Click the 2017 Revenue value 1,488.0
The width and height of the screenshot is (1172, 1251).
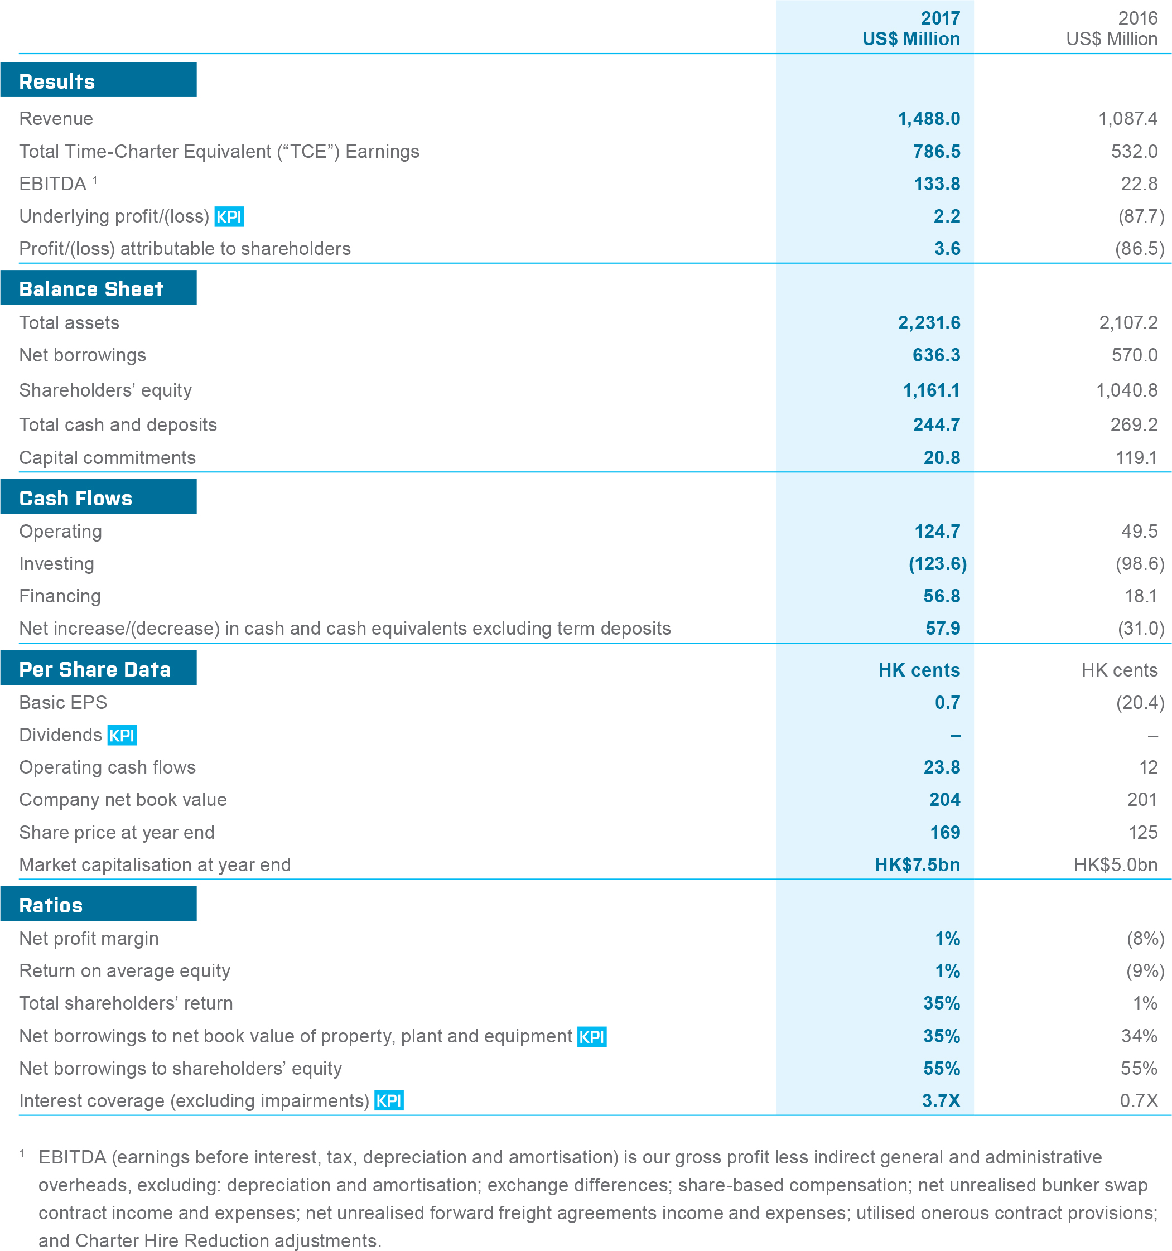point(928,118)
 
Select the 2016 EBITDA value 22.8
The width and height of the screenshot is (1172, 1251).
point(1139,183)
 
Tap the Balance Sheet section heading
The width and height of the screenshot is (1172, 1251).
point(91,289)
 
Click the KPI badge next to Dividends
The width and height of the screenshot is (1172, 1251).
point(122,735)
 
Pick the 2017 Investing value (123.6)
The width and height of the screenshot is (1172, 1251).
point(937,563)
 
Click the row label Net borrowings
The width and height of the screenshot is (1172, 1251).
point(83,355)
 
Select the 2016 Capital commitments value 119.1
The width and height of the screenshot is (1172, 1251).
point(1136,457)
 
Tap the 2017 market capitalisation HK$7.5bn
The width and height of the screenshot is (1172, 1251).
point(917,864)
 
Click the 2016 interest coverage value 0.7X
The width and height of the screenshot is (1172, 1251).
point(1139,1100)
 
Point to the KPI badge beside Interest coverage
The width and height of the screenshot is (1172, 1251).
point(389,1100)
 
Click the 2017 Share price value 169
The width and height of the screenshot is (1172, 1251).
point(945,833)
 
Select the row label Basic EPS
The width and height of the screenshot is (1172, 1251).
point(63,702)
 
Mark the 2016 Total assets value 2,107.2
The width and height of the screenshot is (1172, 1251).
point(1128,323)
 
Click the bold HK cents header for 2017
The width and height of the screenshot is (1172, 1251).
point(919,670)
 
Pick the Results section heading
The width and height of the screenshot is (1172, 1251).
point(57,81)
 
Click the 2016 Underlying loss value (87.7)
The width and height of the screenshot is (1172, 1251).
point(1141,216)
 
